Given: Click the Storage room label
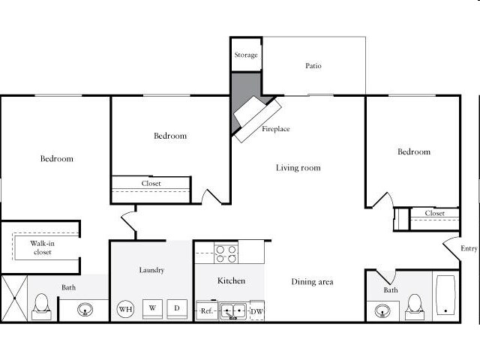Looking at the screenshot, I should point(246,55).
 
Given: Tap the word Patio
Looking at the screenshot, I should point(313,66).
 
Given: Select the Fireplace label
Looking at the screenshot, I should point(276,129).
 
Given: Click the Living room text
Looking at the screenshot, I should point(298,168).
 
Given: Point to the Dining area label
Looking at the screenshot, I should point(312,282).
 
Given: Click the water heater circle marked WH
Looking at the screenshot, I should point(125,308).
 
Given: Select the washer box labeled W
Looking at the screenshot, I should point(151,308).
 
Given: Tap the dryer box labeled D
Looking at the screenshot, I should point(177,308).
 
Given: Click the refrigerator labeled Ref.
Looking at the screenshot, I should point(207,310).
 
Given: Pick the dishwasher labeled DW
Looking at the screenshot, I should point(256,310).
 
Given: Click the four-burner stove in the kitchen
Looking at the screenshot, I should point(226,254).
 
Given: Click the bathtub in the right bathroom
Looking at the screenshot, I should point(445,295).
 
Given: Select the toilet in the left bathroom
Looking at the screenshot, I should point(42,304).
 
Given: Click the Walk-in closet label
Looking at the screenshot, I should point(43,247).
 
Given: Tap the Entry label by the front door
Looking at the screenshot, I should point(469,249).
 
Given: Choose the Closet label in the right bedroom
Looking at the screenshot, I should point(435,214).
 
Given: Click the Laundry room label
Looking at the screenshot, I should point(151,270).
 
